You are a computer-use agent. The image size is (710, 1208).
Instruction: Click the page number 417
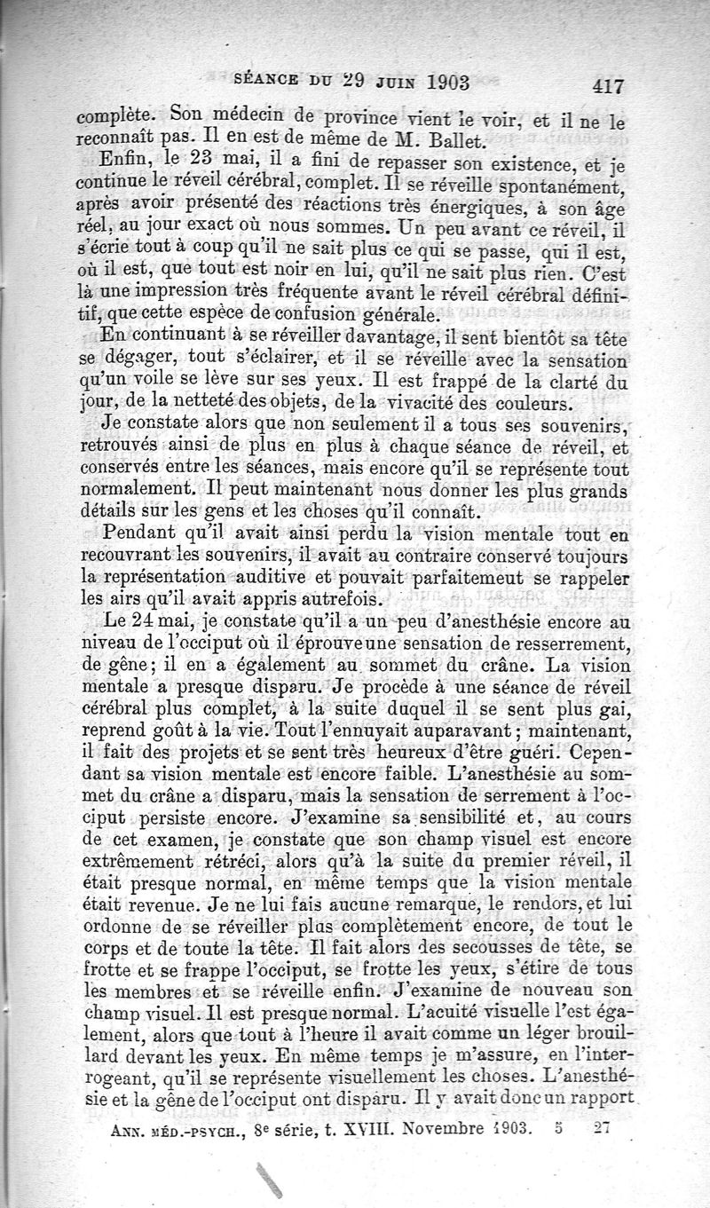click(x=606, y=86)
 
